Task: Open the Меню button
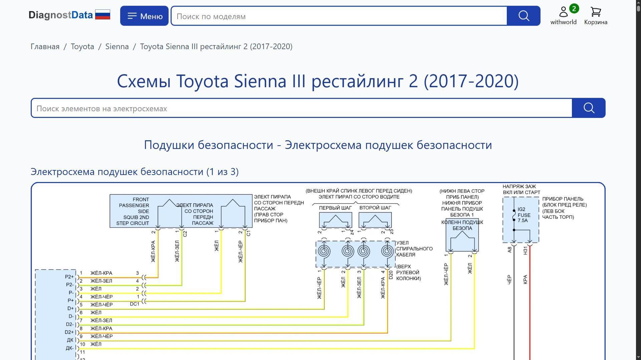coord(144,16)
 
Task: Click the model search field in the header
coord(339,16)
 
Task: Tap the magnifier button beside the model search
coord(523,16)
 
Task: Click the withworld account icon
coord(564,12)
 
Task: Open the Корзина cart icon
coord(596,12)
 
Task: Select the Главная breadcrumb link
coord(45,46)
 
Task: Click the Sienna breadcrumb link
coord(117,46)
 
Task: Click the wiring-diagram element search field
coord(301,108)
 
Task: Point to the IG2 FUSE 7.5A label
coord(524,215)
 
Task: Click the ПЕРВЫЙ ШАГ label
coord(335,208)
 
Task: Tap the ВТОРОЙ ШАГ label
coord(375,208)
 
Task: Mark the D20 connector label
coord(391,275)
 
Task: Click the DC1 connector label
coord(135,304)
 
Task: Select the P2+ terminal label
coord(69,277)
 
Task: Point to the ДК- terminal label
coord(69,348)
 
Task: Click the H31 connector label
coord(525,250)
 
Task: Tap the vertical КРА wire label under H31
coord(525,280)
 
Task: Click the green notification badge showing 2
coord(574,9)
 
